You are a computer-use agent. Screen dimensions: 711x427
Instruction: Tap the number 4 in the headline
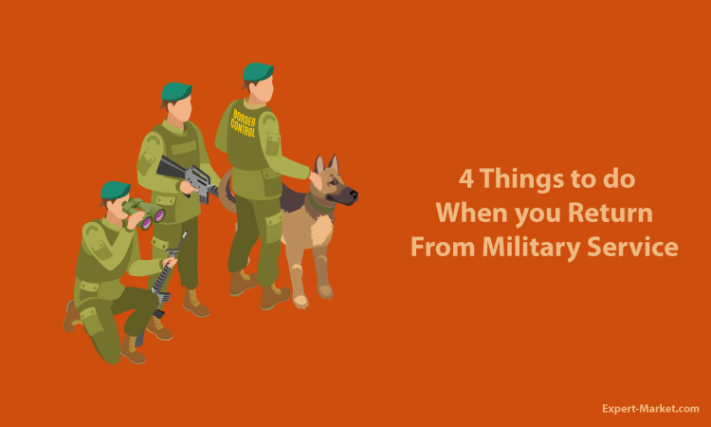466,178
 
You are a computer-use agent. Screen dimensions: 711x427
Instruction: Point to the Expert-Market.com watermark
650,409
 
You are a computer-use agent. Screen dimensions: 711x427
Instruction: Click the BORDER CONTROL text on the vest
244,123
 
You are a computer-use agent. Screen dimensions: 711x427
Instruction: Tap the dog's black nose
354,195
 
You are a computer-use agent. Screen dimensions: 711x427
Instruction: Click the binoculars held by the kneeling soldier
143,213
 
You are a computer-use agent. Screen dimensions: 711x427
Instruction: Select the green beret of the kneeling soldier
115,190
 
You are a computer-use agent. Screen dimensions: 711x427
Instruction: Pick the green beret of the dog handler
258,72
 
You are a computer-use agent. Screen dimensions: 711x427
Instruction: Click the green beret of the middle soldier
176,91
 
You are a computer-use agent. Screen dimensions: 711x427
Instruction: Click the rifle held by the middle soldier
189,178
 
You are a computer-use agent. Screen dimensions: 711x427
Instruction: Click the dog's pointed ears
327,163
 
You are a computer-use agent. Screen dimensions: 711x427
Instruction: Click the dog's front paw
301,301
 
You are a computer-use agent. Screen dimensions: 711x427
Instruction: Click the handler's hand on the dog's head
316,179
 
